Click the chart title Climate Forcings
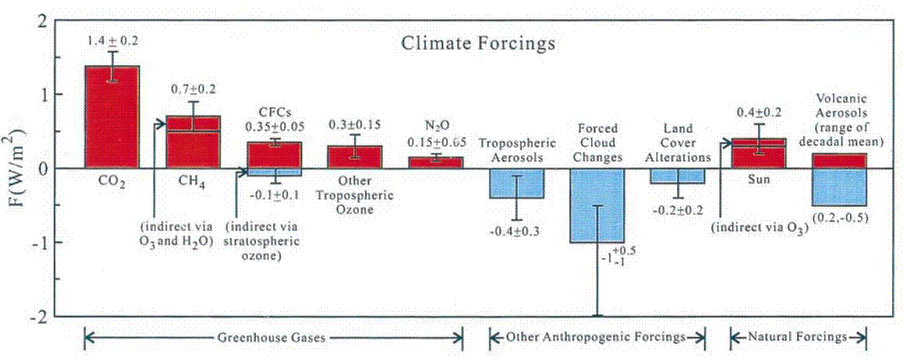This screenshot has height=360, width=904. [x=478, y=44]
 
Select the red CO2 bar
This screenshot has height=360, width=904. [x=111, y=117]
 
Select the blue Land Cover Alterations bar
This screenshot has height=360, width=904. [x=676, y=176]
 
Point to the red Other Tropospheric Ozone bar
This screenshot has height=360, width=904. [x=355, y=157]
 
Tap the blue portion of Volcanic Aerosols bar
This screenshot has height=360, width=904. [x=840, y=187]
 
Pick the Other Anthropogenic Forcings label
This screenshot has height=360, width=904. [x=597, y=337]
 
